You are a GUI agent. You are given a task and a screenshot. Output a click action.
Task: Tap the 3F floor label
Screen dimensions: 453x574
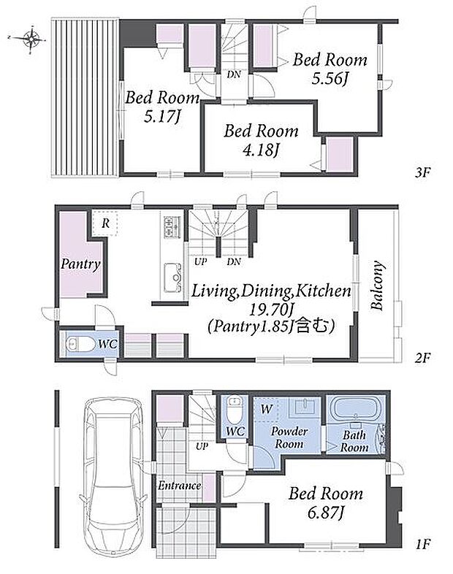point(422,172)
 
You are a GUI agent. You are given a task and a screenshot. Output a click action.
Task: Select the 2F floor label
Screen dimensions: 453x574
point(422,357)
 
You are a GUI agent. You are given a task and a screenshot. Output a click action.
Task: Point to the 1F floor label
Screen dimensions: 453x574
point(422,544)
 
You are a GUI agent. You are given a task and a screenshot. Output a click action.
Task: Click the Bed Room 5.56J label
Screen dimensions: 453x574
point(330,69)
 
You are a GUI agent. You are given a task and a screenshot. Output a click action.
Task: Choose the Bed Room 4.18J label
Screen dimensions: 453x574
point(261,140)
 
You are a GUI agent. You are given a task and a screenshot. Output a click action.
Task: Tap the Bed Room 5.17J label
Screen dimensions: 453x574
point(162,107)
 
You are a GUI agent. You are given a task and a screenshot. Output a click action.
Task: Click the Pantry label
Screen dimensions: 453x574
point(80,264)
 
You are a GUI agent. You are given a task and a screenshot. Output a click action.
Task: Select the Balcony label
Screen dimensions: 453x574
point(377,286)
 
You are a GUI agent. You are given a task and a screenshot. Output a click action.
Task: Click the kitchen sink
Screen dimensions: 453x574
point(172,277)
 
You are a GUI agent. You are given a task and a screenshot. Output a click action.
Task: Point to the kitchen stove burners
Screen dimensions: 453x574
point(172,227)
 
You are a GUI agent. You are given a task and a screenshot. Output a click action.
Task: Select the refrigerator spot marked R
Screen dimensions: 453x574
point(104,223)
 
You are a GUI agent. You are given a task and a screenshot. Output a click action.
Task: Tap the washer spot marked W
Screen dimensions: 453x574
point(266,409)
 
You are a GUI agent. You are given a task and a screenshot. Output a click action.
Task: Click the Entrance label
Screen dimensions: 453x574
point(179,486)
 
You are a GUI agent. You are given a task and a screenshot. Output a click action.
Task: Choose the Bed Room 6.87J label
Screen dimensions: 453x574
point(326,503)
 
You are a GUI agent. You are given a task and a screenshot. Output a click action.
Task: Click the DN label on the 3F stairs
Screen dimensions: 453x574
point(234,74)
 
